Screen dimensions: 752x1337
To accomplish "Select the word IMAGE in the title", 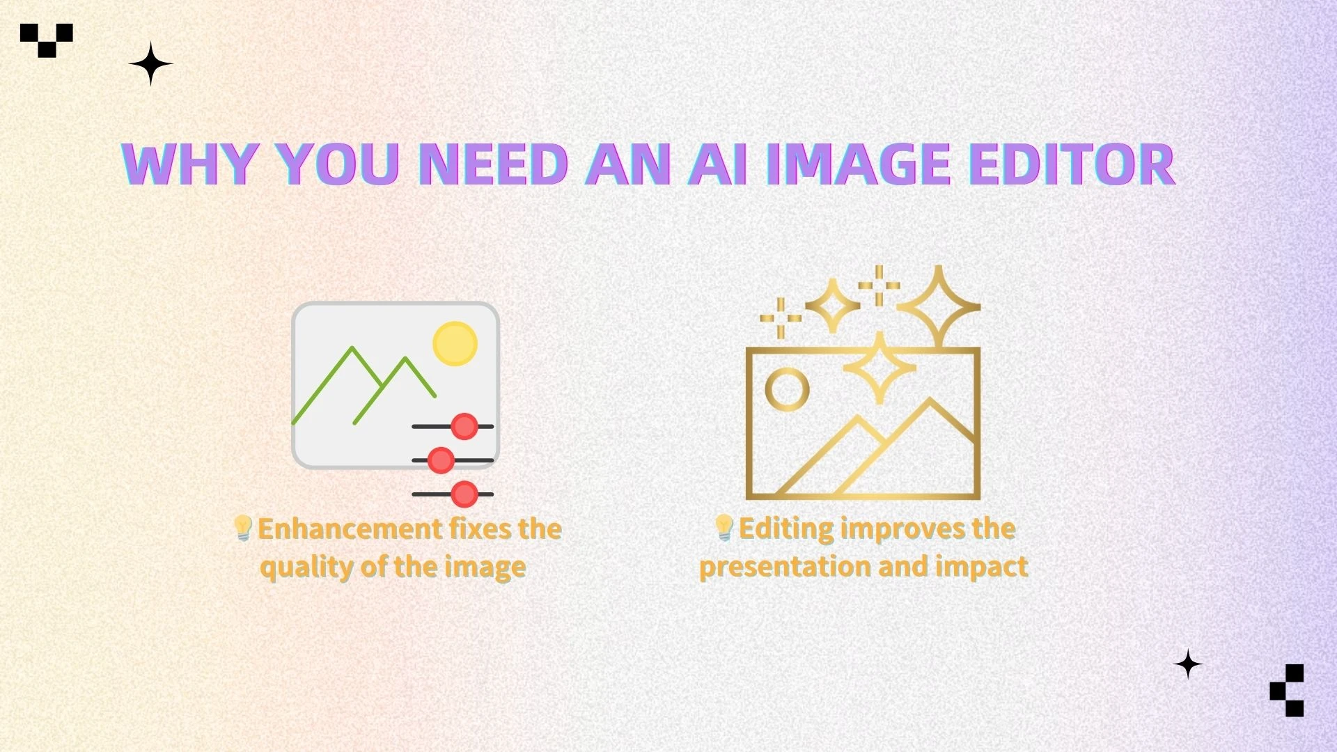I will tap(859, 164).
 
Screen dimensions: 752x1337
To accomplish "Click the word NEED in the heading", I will tap(493, 164).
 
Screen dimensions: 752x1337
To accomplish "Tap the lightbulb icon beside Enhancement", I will tap(242, 528).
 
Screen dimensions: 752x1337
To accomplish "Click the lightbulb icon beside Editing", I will tap(724, 528).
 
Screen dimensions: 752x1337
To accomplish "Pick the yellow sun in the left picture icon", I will tap(455, 343).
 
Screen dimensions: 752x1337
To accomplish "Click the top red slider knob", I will tap(464, 426).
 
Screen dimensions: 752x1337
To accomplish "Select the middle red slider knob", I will tap(440, 460).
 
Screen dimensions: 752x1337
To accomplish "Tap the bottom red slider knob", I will tap(464, 494).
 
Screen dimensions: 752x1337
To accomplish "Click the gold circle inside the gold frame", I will tap(787, 389).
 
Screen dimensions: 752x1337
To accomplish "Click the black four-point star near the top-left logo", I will tap(150, 64).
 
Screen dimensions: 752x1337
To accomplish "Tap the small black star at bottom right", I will tap(1188, 664).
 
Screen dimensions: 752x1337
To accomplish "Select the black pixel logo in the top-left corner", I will tap(47, 39).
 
